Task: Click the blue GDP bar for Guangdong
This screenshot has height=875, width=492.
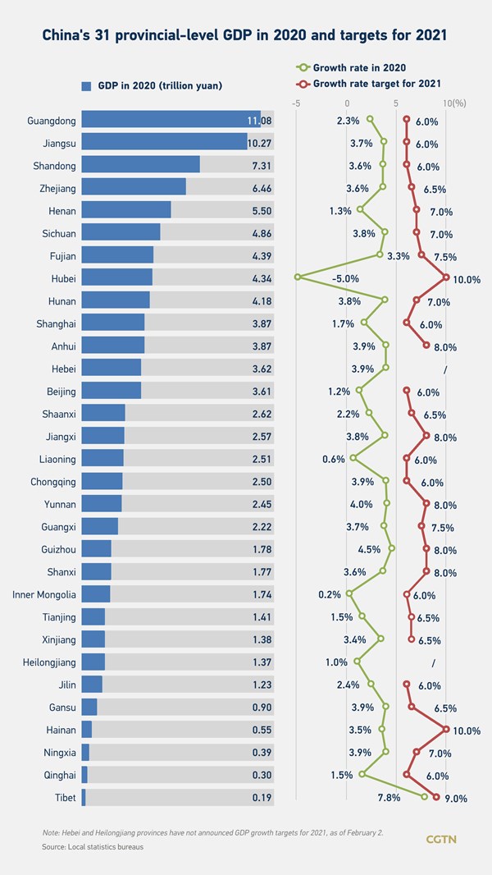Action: (x=171, y=120)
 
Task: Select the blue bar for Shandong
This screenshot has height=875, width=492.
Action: (x=140, y=165)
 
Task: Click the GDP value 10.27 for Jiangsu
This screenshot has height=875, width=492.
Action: (x=259, y=143)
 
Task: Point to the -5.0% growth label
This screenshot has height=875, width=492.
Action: (x=345, y=278)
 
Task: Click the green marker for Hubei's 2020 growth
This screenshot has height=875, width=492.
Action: (x=298, y=277)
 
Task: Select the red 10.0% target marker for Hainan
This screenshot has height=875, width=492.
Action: (x=446, y=728)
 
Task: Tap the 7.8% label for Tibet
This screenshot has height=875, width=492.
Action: (x=389, y=797)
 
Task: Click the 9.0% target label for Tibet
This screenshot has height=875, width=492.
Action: (x=456, y=797)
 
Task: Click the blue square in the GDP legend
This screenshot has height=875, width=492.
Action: (x=86, y=85)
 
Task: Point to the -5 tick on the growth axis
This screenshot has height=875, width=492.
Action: (x=296, y=103)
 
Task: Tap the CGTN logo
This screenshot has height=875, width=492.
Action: (x=441, y=839)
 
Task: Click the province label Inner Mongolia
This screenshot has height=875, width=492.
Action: (x=45, y=594)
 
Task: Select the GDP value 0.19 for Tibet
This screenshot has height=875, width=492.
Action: (x=262, y=797)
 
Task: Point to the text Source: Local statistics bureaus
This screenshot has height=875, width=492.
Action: (x=93, y=846)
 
